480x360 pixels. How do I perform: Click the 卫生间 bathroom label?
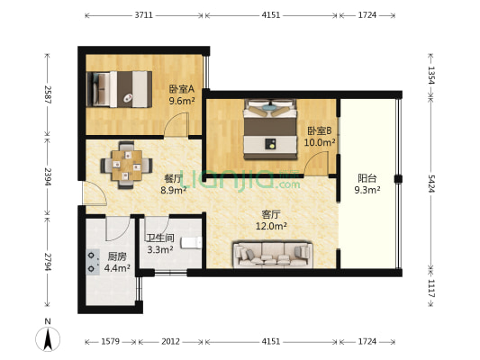click(x=160, y=238)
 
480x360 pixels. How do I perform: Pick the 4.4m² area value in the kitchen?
click(x=118, y=267)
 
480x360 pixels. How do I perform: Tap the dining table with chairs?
click(x=123, y=163)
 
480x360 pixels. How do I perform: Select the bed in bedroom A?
click(x=119, y=87)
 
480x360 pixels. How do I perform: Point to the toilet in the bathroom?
click(x=190, y=243)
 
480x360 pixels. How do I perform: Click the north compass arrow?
click(x=48, y=338)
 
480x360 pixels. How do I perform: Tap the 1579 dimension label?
click(x=110, y=342)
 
